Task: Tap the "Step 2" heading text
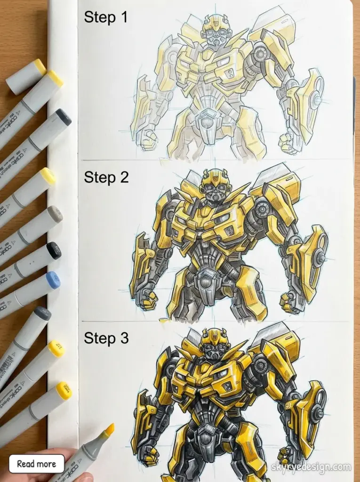[106, 177]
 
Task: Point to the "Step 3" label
[106, 338]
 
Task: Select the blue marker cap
[53, 281]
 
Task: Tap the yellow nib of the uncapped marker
[109, 429]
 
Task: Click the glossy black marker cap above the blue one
[54, 250]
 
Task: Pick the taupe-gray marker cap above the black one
[55, 214]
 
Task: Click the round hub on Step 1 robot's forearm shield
[314, 100]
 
